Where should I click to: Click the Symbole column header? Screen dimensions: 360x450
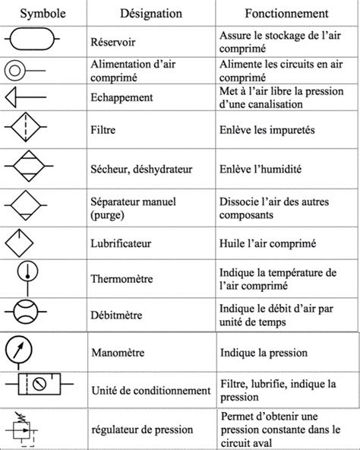click(x=41, y=14)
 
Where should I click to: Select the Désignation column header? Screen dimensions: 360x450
click(x=151, y=14)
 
